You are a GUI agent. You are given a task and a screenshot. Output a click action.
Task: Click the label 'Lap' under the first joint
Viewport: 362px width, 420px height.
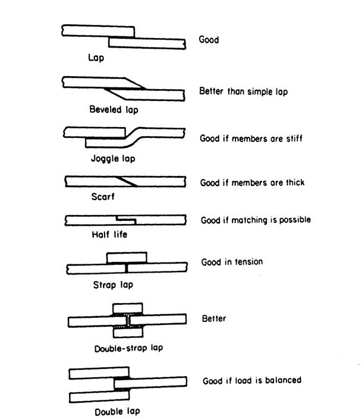coord(96,58)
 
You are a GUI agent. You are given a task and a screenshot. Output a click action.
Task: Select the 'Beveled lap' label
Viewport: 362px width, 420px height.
coord(114,109)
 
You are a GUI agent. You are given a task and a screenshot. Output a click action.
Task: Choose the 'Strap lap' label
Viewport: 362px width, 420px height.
coord(113,285)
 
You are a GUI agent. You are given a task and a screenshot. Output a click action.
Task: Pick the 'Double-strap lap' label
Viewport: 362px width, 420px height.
coord(128,348)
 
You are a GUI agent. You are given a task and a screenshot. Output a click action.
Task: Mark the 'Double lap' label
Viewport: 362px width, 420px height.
coord(117,411)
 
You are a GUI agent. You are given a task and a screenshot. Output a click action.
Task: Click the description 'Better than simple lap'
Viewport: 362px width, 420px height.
coord(244,92)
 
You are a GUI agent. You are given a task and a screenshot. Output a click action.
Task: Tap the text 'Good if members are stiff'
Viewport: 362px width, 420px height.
coord(251,138)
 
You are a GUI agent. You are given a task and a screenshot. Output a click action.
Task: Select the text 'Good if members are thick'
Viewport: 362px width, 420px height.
coord(253,182)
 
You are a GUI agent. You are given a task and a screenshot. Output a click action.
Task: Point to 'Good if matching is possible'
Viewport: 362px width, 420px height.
coord(256,220)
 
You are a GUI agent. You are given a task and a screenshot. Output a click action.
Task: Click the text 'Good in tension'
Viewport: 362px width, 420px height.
coord(232,262)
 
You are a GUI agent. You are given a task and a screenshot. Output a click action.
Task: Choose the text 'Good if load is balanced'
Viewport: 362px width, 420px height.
coord(252,380)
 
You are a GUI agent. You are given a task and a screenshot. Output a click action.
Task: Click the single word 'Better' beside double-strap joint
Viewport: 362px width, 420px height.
coord(214,319)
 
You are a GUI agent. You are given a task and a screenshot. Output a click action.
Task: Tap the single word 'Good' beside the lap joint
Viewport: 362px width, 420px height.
coord(209,40)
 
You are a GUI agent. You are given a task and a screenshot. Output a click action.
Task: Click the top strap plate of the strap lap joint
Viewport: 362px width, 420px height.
coord(126,258)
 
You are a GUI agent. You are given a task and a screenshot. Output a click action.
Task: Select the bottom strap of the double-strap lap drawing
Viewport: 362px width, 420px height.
coord(128,333)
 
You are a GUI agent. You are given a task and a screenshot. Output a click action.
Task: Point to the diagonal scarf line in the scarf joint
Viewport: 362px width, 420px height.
coord(128,181)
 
